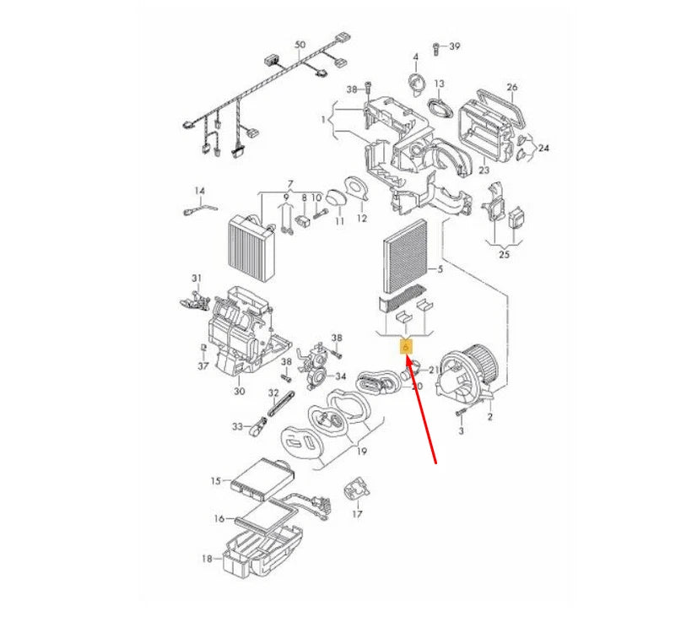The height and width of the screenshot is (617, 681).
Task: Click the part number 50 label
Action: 300,44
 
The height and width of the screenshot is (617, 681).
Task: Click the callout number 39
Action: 455,46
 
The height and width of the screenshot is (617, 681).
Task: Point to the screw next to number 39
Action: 436,46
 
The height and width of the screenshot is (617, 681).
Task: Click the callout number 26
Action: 511,87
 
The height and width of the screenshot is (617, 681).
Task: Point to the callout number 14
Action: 200,191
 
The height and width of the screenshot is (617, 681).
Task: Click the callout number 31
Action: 197,279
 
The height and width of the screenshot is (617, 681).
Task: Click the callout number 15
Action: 216,481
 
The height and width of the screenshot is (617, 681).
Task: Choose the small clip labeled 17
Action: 354,490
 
